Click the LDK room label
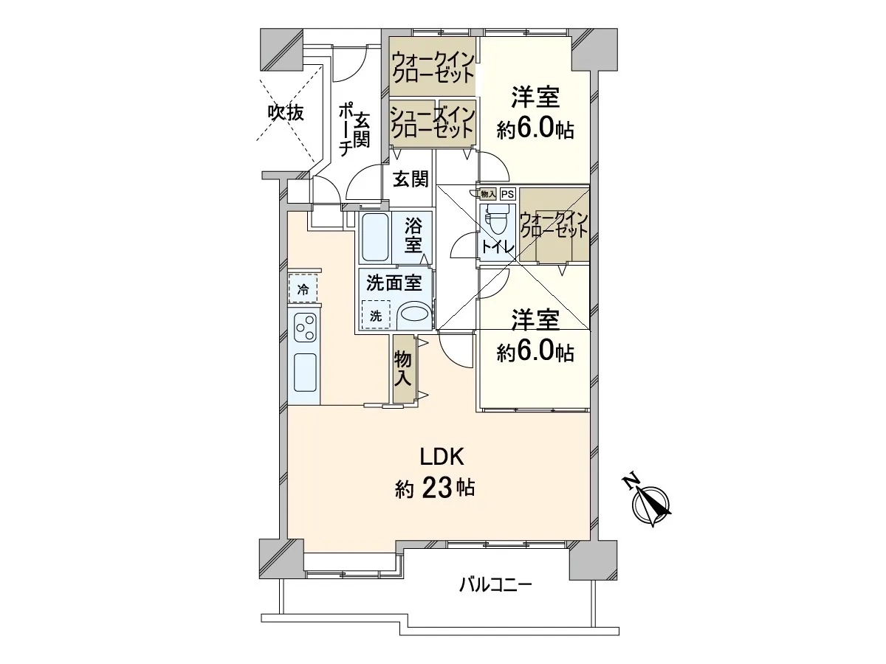[442, 457]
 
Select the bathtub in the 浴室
[375, 238]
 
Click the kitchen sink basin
[306, 373]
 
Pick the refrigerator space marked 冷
[303, 288]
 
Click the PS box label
[508, 194]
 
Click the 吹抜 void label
[286, 114]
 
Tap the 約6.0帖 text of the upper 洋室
[535, 130]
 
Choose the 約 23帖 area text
[435, 488]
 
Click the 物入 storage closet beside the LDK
[403, 368]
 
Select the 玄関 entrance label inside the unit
[411, 179]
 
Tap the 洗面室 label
[394, 283]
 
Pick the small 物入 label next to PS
[488, 194]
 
